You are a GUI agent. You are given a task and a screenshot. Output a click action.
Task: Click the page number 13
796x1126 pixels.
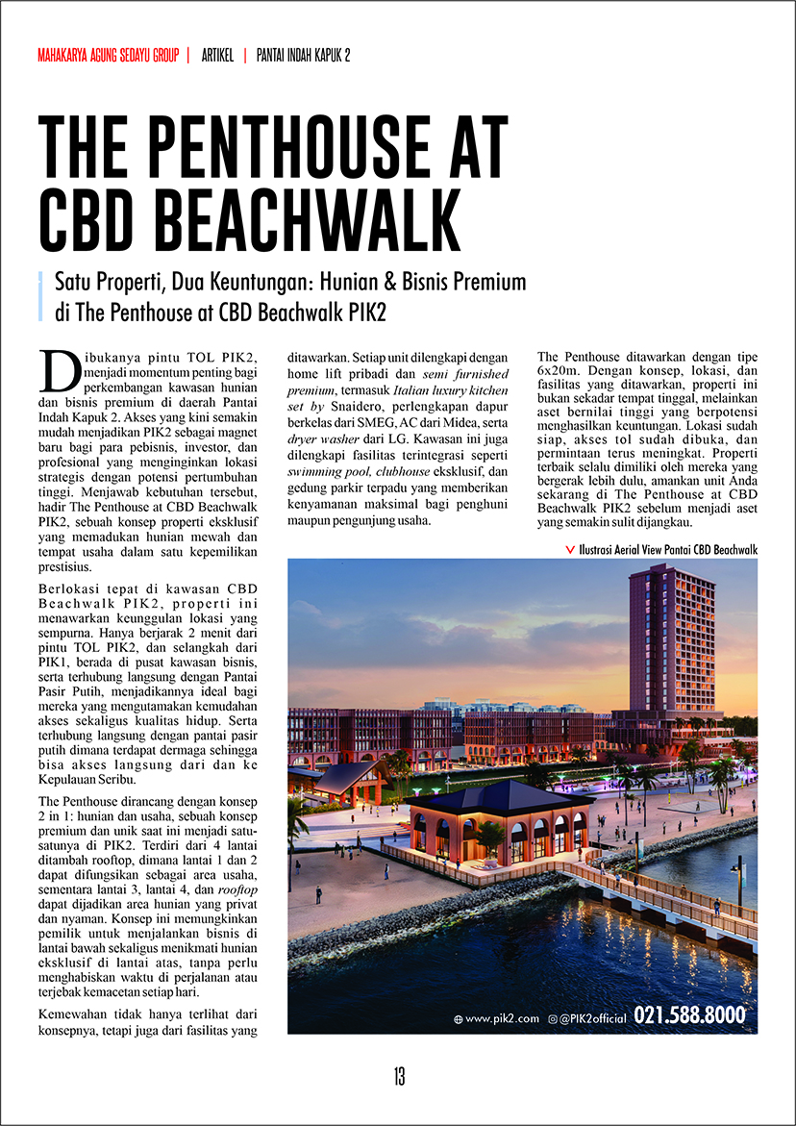[398, 1077]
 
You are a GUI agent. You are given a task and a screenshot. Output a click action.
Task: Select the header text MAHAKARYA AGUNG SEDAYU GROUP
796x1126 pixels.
[108, 55]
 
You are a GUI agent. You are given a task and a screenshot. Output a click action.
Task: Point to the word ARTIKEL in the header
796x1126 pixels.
[217, 55]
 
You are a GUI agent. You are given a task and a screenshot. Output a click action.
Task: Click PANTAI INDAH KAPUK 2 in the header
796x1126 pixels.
[303, 55]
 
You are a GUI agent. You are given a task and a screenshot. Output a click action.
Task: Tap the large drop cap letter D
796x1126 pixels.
[61, 367]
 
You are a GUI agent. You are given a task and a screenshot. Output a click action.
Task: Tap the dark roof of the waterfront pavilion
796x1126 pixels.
[497, 796]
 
